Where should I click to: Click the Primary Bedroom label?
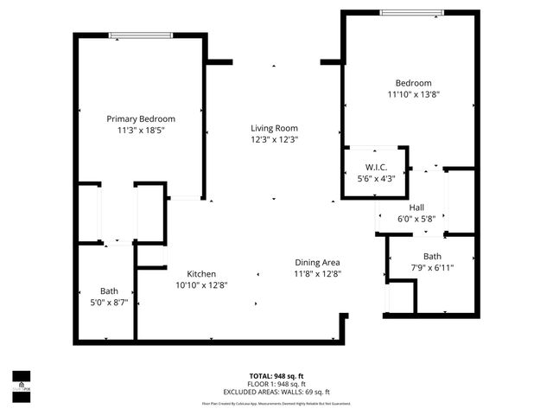(x=141, y=118)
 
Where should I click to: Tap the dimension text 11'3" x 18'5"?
(x=141, y=130)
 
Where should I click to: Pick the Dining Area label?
(x=317, y=263)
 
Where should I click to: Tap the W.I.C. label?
(x=375, y=167)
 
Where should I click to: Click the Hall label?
(x=416, y=207)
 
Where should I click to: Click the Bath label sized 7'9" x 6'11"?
(x=432, y=257)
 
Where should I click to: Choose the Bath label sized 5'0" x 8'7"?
(x=109, y=291)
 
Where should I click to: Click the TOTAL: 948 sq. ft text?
(x=276, y=376)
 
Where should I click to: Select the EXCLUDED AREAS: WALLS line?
(x=276, y=392)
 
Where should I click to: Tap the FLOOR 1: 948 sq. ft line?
(x=276, y=384)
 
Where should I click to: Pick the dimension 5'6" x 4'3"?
(x=375, y=178)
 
